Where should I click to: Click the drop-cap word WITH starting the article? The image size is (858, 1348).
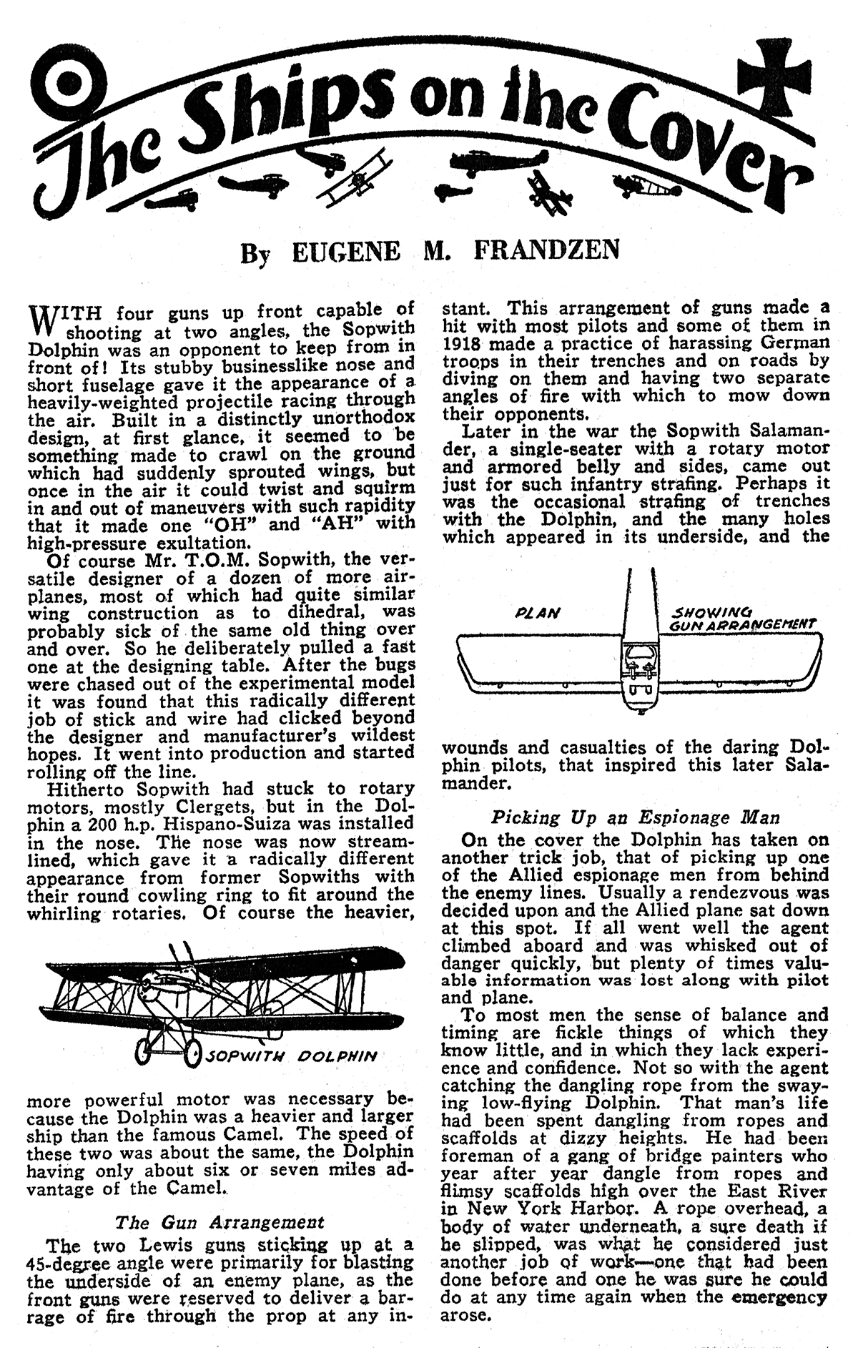65,313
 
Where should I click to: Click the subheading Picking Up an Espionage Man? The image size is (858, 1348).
635,817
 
